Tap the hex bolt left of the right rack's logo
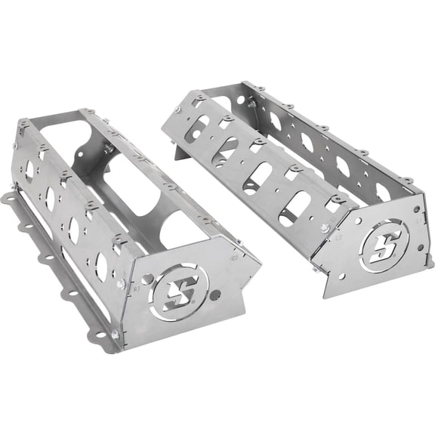pyautogui.click(x=325, y=228)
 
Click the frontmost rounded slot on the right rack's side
pyautogui.click(x=294, y=208)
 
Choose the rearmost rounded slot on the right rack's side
pyautogui.click(x=200, y=122)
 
